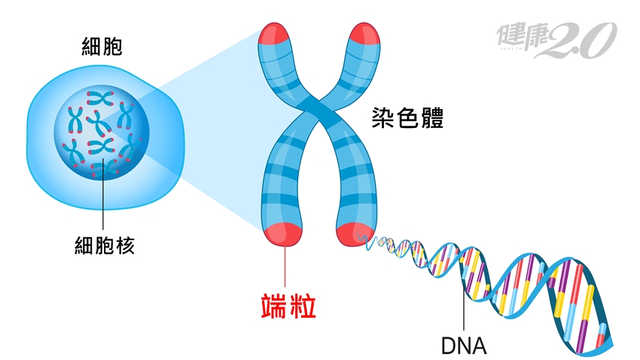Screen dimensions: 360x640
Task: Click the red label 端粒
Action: coord(283,308)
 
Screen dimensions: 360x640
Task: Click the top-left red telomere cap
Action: coord(276,35)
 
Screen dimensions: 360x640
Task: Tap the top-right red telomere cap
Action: coord(366,35)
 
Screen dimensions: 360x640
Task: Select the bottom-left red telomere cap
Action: coord(284,233)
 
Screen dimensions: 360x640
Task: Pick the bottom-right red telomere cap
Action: coord(355,233)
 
